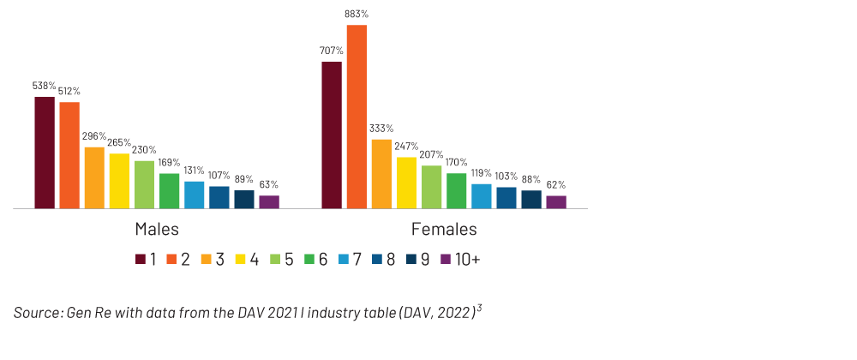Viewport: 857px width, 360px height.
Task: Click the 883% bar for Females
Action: (x=357, y=117)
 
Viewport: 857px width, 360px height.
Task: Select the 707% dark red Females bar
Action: (x=332, y=135)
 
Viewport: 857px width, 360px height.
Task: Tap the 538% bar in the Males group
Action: (x=45, y=153)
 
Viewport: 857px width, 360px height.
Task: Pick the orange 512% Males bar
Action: (x=69, y=155)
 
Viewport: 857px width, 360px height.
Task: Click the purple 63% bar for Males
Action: (x=269, y=202)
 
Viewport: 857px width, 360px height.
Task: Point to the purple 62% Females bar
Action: (x=556, y=202)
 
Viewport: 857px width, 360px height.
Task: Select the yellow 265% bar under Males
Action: (x=119, y=181)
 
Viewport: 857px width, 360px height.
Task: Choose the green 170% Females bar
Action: (x=456, y=190)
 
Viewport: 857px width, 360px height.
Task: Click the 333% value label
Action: (x=381, y=129)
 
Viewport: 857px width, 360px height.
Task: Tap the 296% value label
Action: (x=94, y=136)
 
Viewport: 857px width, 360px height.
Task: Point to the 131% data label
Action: (x=195, y=171)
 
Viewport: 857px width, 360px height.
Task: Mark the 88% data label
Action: (x=531, y=179)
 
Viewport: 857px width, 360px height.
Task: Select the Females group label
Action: (x=444, y=230)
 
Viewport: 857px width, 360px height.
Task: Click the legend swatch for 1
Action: (x=141, y=259)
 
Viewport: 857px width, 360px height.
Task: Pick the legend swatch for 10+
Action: (x=445, y=259)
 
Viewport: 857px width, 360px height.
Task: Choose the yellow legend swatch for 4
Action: (x=241, y=259)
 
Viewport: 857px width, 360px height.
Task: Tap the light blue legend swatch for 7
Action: (x=344, y=259)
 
